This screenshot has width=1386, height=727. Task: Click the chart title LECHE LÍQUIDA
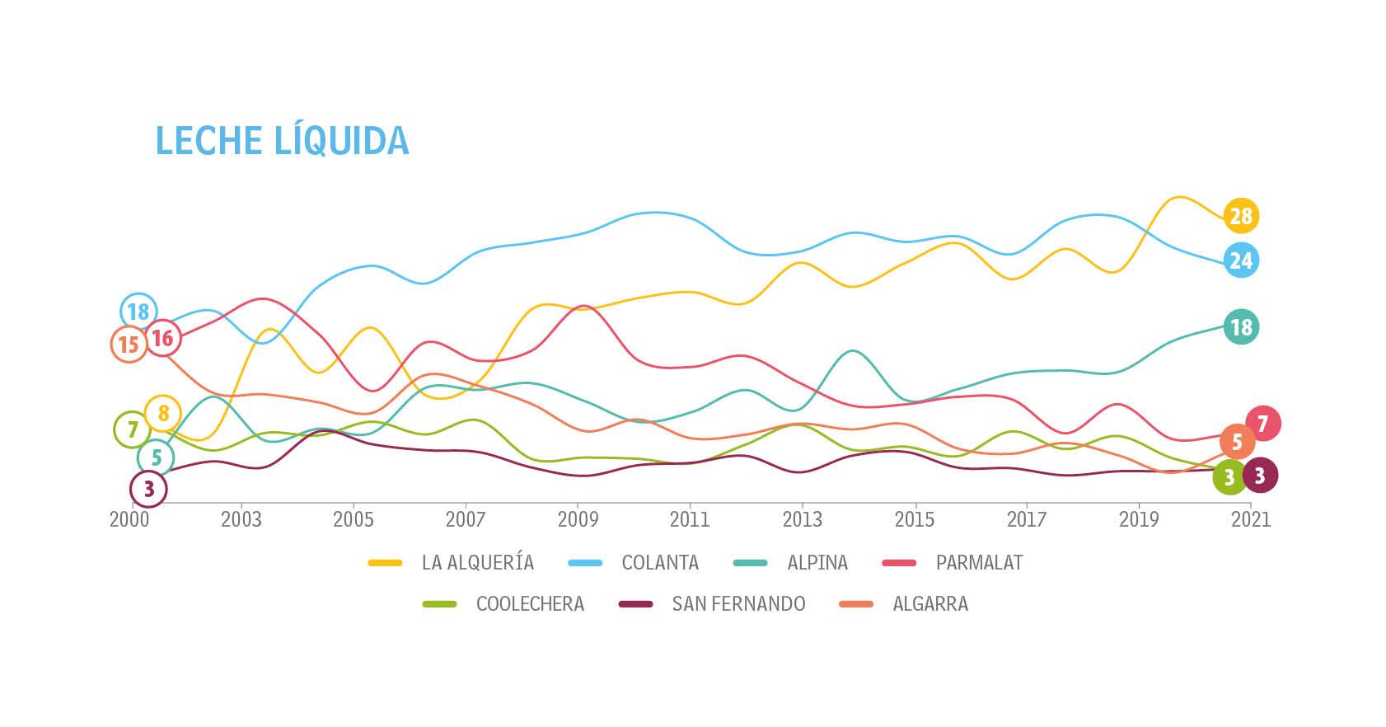(x=282, y=141)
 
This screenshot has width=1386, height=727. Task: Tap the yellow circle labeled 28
(x=1241, y=216)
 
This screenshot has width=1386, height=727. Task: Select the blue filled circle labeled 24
(x=1241, y=260)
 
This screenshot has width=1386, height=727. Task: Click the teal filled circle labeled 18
(x=1241, y=327)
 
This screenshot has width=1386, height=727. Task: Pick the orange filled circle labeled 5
(x=1237, y=443)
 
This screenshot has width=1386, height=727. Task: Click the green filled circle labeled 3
(x=1229, y=476)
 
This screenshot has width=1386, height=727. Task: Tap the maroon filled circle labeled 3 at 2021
(x=1260, y=475)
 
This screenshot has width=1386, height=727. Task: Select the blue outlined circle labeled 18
(x=138, y=312)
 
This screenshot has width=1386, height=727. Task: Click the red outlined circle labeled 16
(x=162, y=337)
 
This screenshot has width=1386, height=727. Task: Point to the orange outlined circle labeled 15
(x=129, y=344)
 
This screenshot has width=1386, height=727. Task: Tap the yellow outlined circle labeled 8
(x=163, y=413)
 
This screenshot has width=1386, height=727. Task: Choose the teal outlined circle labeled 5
(x=156, y=457)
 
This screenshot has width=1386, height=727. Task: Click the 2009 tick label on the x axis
(x=578, y=519)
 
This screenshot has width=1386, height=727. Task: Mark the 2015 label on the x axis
(x=915, y=519)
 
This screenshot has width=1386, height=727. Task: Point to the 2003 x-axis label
(x=241, y=519)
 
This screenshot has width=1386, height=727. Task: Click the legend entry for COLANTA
(x=659, y=563)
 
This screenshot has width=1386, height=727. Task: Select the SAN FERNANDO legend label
(x=738, y=604)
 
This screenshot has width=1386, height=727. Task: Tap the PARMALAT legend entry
(x=979, y=563)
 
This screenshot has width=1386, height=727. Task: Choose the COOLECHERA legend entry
(x=530, y=604)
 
